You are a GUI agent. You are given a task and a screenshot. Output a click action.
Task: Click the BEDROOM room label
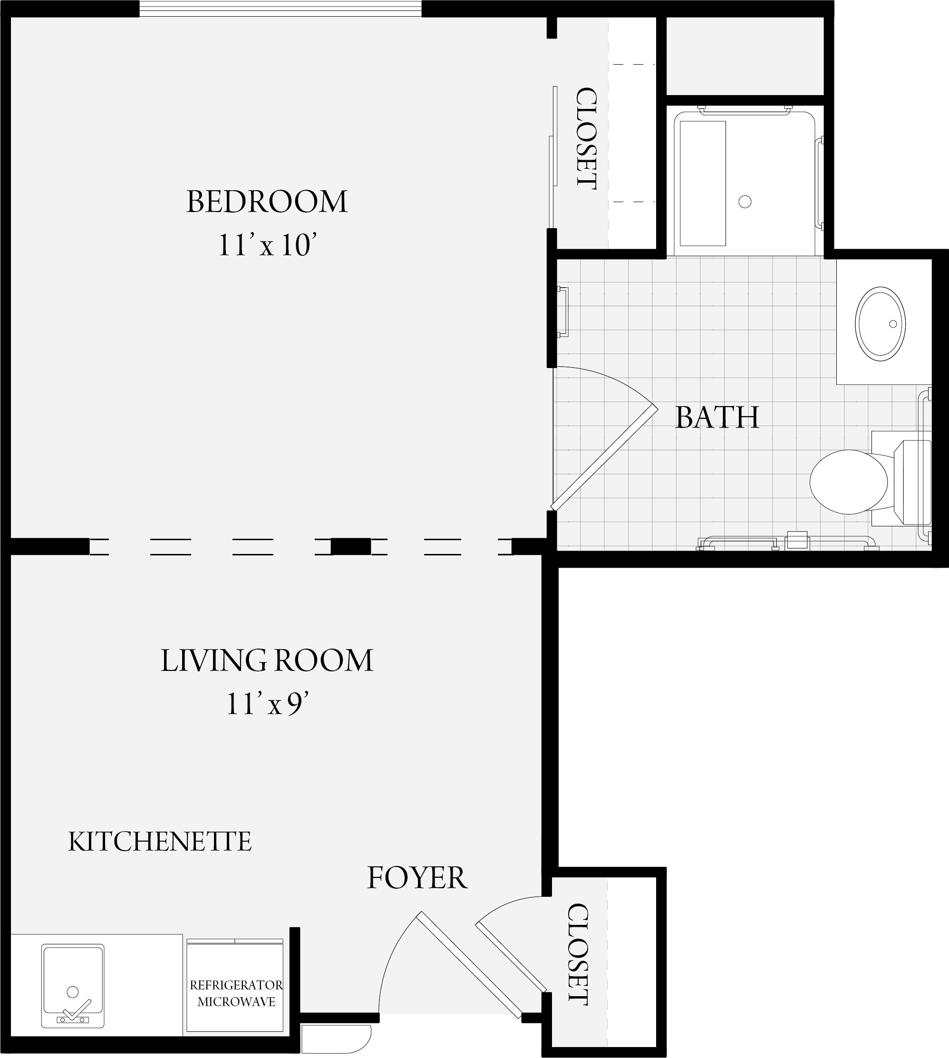267,202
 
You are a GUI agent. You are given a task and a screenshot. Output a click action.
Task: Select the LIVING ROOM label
267,660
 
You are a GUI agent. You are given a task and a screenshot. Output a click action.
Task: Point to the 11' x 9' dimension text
268,703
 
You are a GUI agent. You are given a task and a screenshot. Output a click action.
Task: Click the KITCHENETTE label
160,842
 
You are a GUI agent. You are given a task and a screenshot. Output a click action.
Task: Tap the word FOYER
417,878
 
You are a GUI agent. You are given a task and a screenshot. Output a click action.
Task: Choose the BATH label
717,417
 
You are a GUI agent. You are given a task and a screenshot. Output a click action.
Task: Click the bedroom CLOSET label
586,138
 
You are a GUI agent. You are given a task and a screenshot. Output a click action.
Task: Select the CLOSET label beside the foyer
578,954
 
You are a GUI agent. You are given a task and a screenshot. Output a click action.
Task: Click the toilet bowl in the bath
848,482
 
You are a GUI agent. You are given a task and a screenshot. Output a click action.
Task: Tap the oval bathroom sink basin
880,324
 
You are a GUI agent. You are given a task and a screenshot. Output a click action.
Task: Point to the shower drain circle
745,201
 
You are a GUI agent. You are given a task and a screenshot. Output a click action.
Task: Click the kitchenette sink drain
73,991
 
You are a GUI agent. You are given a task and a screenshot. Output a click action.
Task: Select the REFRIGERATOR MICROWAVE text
236,993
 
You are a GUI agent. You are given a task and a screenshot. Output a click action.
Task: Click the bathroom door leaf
604,458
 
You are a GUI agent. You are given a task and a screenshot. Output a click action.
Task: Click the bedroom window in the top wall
281,9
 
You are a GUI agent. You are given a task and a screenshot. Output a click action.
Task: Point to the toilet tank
912,482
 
